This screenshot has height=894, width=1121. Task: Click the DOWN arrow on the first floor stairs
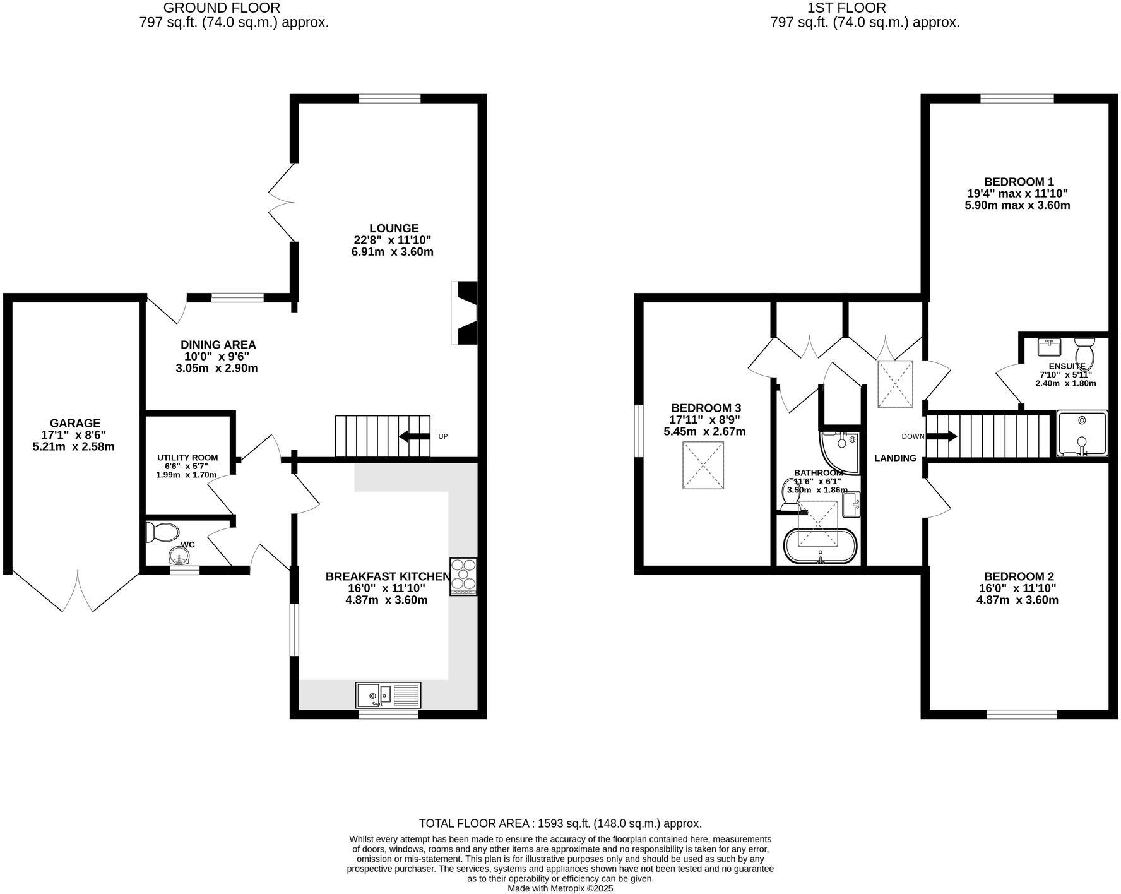(x=941, y=436)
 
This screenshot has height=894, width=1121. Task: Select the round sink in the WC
(x=179, y=556)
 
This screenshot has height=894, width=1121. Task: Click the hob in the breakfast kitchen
(x=463, y=576)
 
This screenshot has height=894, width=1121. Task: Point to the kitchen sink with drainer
(x=388, y=695)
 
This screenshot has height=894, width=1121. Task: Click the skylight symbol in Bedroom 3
(x=703, y=465)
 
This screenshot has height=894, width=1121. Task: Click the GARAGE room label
(x=75, y=423)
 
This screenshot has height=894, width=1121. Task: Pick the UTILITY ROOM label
(x=187, y=458)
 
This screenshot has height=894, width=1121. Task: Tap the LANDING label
(x=895, y=458)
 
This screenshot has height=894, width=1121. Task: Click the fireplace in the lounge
(x=466, y=313)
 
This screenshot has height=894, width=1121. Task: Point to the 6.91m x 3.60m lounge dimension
(x=392, y=252)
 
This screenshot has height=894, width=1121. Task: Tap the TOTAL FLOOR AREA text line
(x=560, y=823)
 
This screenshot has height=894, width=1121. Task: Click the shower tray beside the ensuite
(x=1082, y=433)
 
